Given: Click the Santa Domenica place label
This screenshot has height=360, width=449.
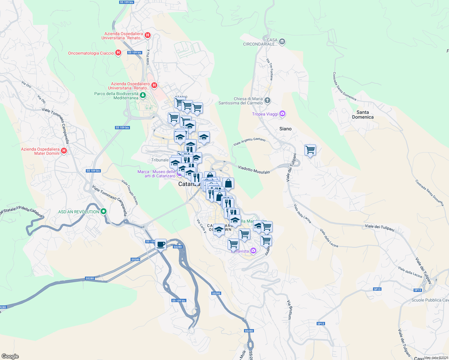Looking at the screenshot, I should (x=363, y=115).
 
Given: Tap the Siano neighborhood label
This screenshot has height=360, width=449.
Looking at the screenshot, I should (x=285, y=129).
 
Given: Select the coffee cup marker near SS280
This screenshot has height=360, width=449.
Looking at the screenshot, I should (x=161, y=244).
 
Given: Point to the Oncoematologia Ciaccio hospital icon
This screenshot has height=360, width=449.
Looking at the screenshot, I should (x=118, y=53).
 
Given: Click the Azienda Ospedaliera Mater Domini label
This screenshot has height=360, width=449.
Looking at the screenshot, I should (x=40, y=151).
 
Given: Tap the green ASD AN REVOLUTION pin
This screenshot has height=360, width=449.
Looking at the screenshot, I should (x=104, y=212).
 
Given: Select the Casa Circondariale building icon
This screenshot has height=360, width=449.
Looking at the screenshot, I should (x=282, y=42).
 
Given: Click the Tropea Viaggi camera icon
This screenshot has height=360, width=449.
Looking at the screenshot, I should (x=282, y=114).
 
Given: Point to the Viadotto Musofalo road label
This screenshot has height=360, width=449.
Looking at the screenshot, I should (x=254, y=170).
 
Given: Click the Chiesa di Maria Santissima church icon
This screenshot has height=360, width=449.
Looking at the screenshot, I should (x=267, y=100).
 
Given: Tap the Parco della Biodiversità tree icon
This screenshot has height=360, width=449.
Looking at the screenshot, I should (x=143, y=95).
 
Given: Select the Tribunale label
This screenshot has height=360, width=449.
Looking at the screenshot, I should (x=160, y=160).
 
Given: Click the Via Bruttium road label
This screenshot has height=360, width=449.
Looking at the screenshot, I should (x=289, y=310).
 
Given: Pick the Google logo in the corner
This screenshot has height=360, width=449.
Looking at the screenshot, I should (x=10, y=356).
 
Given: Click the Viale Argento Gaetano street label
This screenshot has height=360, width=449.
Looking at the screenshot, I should (x=249, y=142).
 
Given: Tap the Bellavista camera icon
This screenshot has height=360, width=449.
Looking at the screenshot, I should (x=253, y=250).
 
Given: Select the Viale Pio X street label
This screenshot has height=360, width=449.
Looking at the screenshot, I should (x=148, y=57).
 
